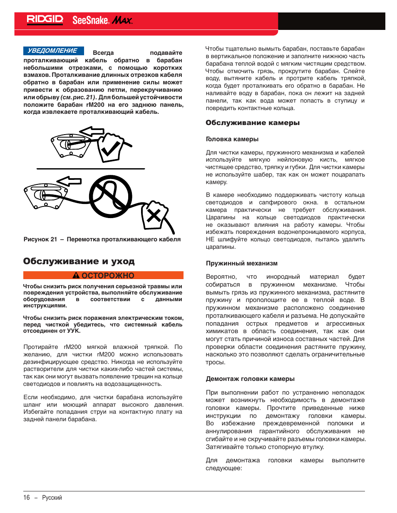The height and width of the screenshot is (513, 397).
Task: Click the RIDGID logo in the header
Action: pyautogui.click(x=45, y=20)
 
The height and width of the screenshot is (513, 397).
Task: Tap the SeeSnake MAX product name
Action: pyautogui.click(x=102, y=20)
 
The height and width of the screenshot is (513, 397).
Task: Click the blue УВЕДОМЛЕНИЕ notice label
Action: pyautogui.click(x=53, y=51)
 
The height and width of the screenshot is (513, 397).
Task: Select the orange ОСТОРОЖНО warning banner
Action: pyautogui.click(x=103, y=275)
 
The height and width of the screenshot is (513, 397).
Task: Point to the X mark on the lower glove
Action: pyautogui.click(x=154, y=215)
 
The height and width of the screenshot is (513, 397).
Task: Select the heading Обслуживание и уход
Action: pyautogui.click(x=79, y=261)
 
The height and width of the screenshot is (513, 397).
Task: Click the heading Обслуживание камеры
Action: pyautogui.click(x=253, y=123)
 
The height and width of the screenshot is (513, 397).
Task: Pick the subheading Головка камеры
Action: pyautogui.click(x=232, y=139)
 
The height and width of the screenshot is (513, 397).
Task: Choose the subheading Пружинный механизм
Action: pyautogui.click(x=242, y=263)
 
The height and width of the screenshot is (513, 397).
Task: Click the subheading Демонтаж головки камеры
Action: pyautogui.click(x=250, y=379)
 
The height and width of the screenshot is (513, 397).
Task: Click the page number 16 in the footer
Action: pyautogui.click(x=27, y=498)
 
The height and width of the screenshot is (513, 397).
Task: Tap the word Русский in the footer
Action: pyautogui.click(x=52, y=498)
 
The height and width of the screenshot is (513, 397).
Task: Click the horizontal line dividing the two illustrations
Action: pyautogui.click(x=91, y=169)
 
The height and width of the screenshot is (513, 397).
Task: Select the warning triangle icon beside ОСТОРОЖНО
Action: pyautogui.click(x=76, y=275)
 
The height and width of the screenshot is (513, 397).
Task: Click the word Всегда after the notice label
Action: pyautogui.click(x=103, y=53)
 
